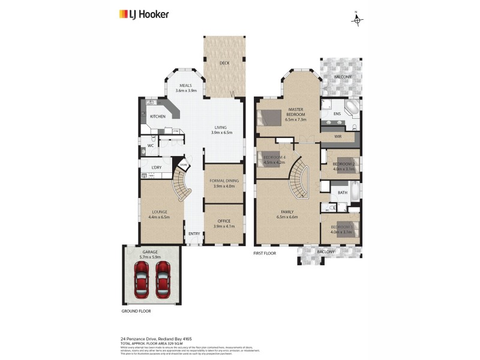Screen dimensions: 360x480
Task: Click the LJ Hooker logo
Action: click(x=144, y=14)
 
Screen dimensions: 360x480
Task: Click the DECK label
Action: click(x=224, y=62)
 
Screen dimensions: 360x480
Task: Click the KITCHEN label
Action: click(x=158, y=116)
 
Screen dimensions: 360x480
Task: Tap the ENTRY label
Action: click(x=194, y=234)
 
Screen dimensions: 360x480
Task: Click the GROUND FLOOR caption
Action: click(x=136, y=311)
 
